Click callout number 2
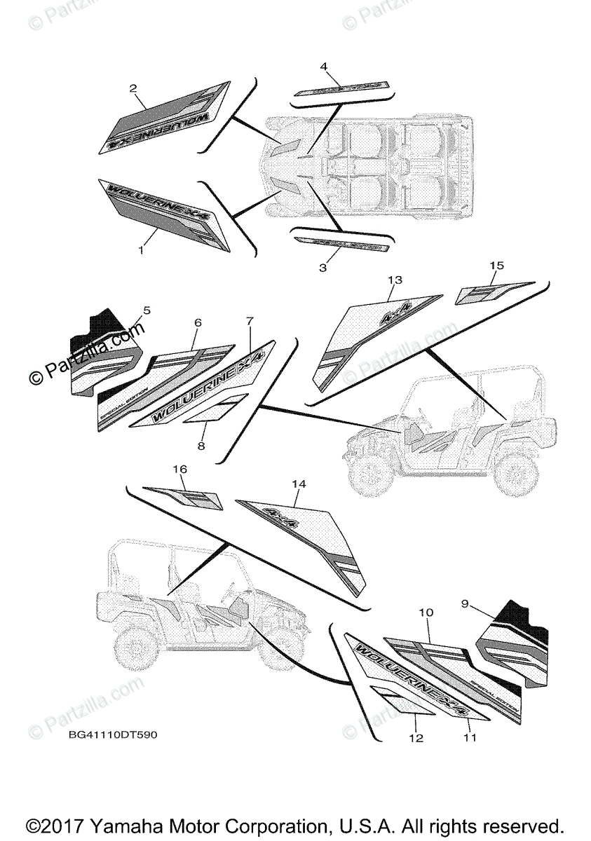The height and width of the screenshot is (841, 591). click(x=133, y=89)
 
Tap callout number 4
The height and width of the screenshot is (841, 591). click(x=323, y=67)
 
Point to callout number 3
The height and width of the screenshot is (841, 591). click(x=322, y=268)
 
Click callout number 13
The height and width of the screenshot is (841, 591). click(x=395, y=280)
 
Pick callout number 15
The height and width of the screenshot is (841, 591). click(x=496, y=266)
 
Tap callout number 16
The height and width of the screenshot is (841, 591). click(x=179, y=468)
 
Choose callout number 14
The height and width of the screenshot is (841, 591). click(x=299, y=484)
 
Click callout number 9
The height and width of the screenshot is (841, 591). click(x=465, y=603)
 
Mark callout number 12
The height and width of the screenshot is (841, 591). click(x=416, y=737)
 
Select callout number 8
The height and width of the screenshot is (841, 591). click(x=201, y=446)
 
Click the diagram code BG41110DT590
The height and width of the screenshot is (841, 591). click(x=113, y=735)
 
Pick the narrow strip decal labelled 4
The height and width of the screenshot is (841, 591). click(x=342, y=87)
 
